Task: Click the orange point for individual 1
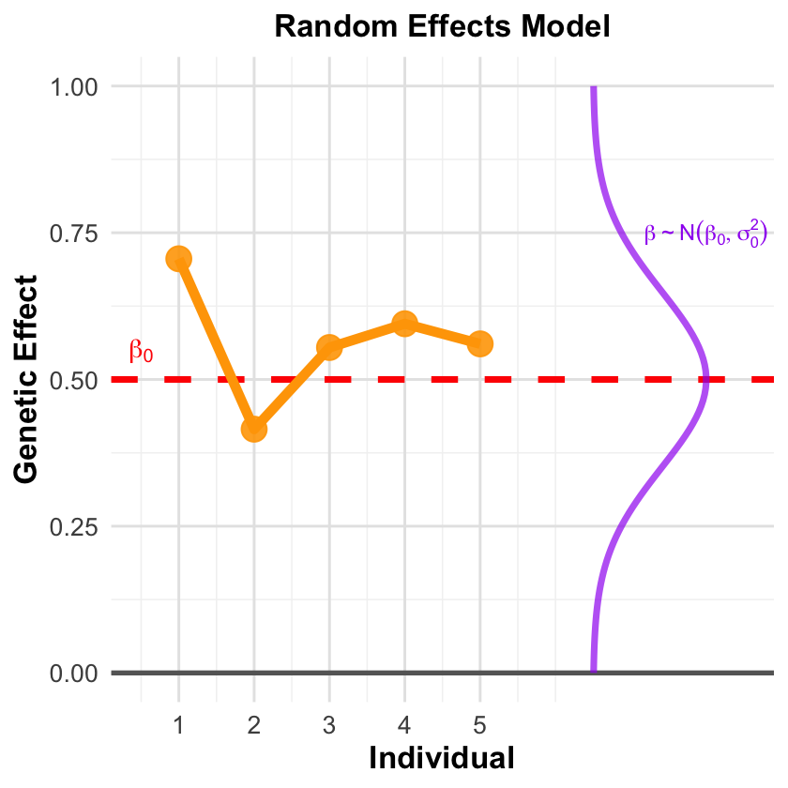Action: pyautogui.click(x=179, y=259)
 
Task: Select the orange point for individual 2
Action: pyautogui.click(x=254, y=429)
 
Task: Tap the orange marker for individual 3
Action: pyautogui.click(x=329, y=347)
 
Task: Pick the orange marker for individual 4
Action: pyautogui.click(x=404, y=324)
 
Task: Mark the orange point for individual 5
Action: pyautogui.click(x=480, y=343)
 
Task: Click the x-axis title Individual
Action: pyautogui.click(x=442, y=757)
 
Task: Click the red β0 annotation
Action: pyautogui.click(x=141, y=352)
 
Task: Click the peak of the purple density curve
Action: pyautogui.click(x=706, y=380)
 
